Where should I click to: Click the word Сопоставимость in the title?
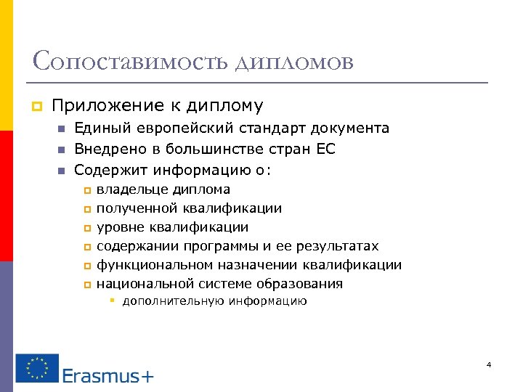click(x=130, y=61)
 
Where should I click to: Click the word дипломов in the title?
click(x=294, y=62)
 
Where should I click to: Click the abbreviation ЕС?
click(x=325, y=150)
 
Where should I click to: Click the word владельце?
click(x=131, y=190)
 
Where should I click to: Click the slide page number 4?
click(x=489, y=364)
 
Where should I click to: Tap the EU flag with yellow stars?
click(x=37, y=368)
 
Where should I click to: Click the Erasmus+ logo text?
click(x=108, y=375)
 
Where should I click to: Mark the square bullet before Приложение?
click(x=36, y=107)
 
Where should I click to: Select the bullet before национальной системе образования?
click(x=87, y=285)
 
